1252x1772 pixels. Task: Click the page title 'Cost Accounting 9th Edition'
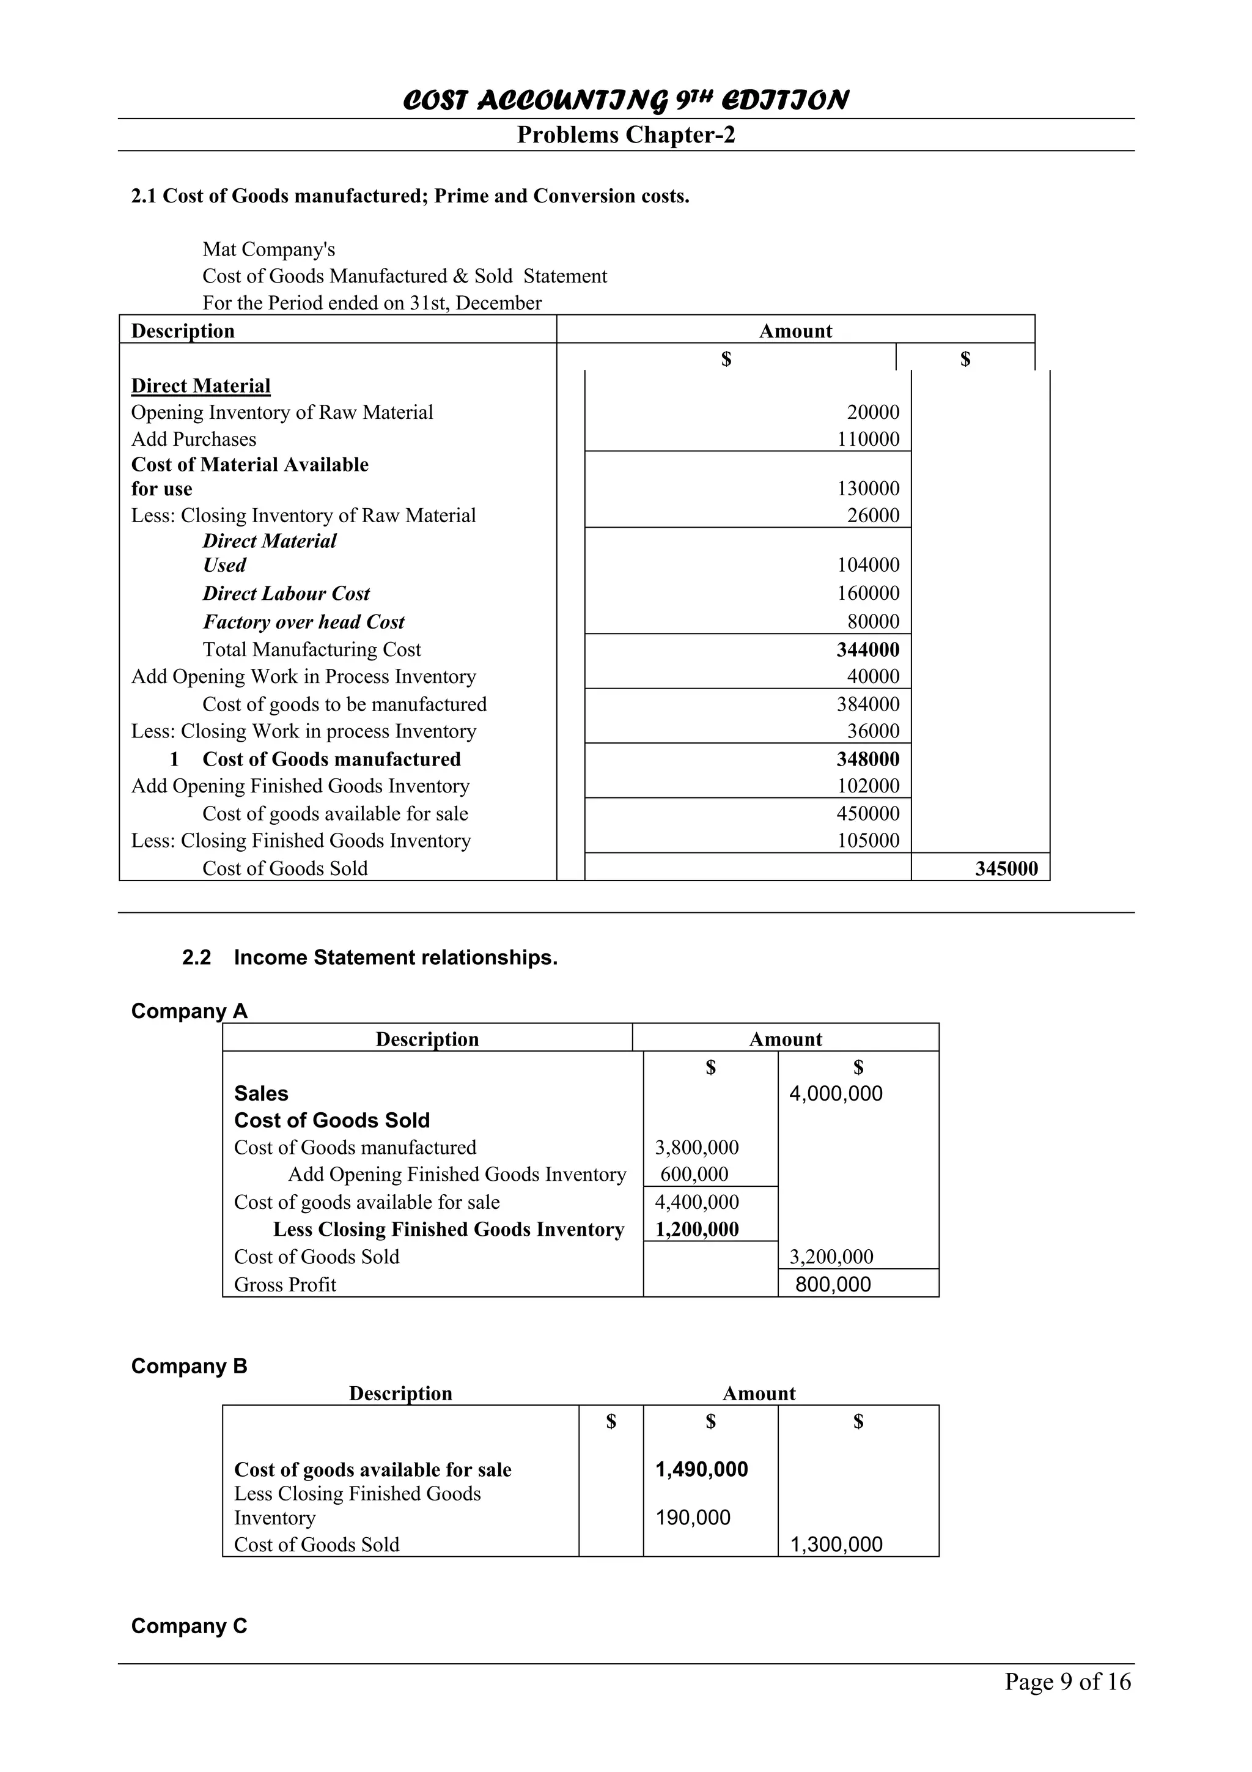(x=625, y=100)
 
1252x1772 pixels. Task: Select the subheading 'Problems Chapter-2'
(x=625, y=135)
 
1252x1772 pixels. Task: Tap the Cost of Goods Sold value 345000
(x=1006, y=868)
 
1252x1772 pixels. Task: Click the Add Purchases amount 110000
(x=868, y=439)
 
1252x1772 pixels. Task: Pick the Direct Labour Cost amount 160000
(x=868, y=594)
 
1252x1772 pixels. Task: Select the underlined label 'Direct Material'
(x=201, y=386)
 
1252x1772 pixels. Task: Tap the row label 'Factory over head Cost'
(x=303, y=622)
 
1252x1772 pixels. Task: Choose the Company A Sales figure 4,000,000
(x=836, y=1094)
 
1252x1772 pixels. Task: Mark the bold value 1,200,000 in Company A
(x=696, y=1230)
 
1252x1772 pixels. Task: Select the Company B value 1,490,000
(x=701, y=1469)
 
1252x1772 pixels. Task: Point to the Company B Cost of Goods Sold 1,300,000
(x=836, y=1545)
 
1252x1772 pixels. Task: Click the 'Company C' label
(x=189, y=1626)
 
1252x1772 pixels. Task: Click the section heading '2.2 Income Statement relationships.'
(x=369, y=958)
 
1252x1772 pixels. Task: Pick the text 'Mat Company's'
(x=268, y=249)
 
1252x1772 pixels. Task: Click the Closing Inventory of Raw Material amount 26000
(x=872, y=515)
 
